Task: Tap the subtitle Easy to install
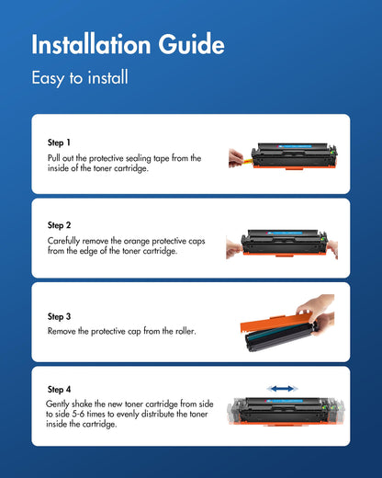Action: (x=79, y=78)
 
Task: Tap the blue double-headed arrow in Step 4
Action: (x=281, y=389)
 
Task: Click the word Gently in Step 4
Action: (x=57, y=404)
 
